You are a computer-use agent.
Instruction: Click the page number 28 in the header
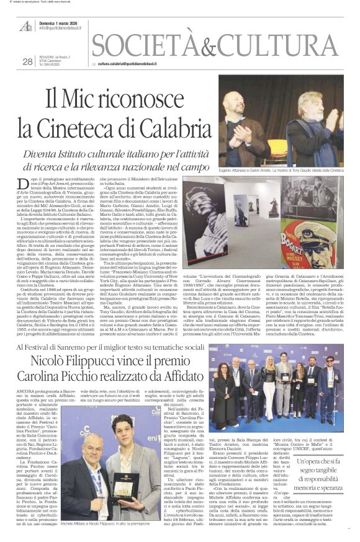[27, 61]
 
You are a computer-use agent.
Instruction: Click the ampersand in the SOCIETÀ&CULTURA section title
[200, 46]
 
